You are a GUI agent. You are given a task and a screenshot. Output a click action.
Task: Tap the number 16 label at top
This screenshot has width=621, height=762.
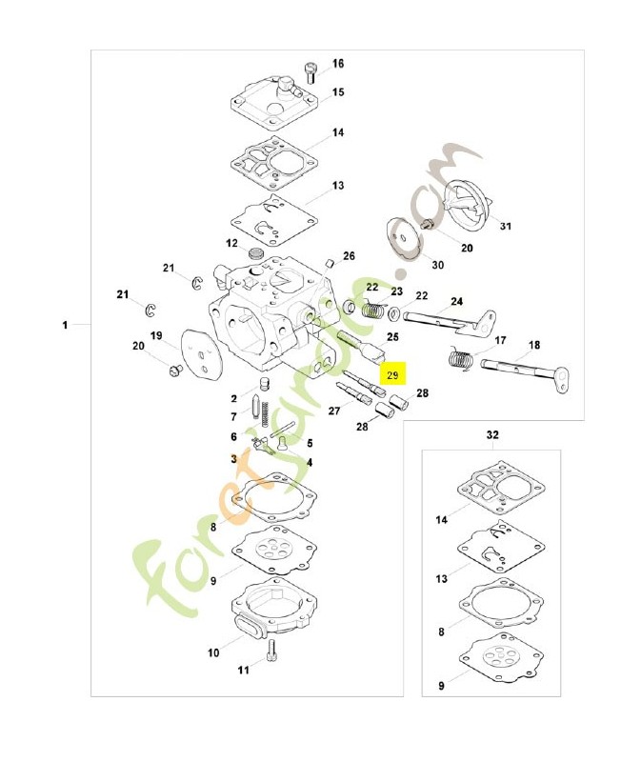click(337, 64)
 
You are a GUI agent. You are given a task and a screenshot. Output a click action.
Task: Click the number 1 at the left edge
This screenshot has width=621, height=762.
click(66, 326)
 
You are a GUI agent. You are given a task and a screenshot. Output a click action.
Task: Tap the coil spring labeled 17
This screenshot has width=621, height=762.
click(462, 361)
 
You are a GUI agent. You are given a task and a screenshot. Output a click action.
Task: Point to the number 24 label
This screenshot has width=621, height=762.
click(457, 302)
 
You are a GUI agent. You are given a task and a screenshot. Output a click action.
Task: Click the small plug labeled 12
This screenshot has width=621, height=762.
click(255, 253)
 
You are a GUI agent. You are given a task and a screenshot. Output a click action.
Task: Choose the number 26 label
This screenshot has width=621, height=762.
click(349, 256)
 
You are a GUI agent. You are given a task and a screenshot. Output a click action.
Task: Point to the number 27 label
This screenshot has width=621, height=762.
click(334, 411)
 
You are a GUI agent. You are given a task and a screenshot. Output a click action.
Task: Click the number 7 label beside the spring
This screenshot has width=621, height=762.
click(233, 416)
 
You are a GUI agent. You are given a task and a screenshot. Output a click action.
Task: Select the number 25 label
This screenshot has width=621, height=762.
click(392, 337)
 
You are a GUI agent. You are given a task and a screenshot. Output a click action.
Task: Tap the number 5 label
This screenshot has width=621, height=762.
click(309, 443)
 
